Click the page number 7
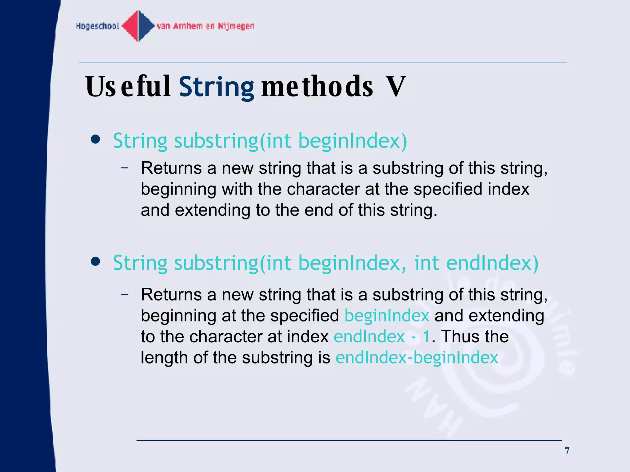[x=567, y=451]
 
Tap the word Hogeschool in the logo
[x=98, y=26]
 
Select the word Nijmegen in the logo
[x=236, y=26]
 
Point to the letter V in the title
[x=396, y=87]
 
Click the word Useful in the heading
[x=128, y=87]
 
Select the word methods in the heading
[x=317, y=87]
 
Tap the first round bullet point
[x=96, y=140]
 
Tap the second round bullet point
[x=96, y=262]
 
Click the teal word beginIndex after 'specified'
[x=387, y=316]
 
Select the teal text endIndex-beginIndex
[x=417, y=357]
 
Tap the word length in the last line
[x=164, y=357]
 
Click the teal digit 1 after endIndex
[x=426, y=336]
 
